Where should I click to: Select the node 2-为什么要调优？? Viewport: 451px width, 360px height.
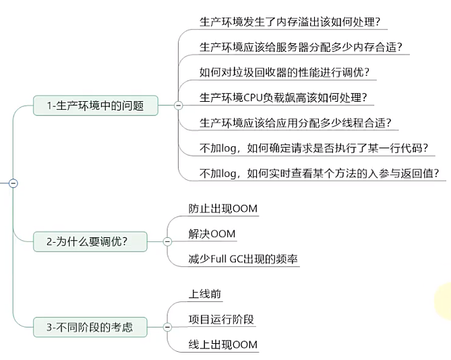point(90,241)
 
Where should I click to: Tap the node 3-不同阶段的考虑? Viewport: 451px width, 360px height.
point(90,328)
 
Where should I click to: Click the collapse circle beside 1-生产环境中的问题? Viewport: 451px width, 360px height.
point(178,105)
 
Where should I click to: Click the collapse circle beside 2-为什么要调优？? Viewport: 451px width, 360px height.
point(167,241)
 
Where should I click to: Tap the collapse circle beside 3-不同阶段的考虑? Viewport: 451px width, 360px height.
point(167,328)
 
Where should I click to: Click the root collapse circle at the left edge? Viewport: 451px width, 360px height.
point(13,183)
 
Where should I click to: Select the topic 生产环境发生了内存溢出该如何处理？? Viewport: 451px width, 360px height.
point(294,22)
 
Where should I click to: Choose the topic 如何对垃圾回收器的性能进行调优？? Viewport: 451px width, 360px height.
point(284,72)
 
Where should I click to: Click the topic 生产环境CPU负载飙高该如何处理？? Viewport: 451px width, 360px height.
point(284,97)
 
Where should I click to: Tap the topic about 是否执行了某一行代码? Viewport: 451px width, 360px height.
point(315,148)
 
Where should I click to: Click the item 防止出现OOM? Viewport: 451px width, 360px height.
point(223,208)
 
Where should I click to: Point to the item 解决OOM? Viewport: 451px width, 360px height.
point(212,233)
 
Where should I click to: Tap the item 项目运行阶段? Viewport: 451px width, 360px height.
point(222,319)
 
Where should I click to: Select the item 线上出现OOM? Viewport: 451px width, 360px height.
point(223,344)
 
